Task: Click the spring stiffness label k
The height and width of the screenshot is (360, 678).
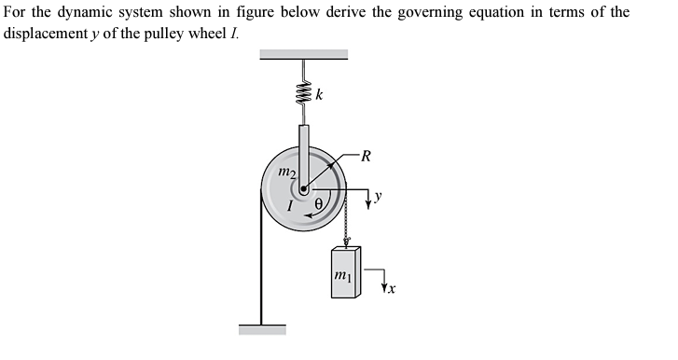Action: click(321, 94)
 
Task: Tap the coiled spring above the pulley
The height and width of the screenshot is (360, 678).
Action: click(303, 94)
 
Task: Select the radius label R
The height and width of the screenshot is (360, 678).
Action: click(366, 156)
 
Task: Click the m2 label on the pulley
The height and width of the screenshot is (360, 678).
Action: click(287, 173)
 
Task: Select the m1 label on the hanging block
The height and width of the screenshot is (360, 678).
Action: click(343, 276)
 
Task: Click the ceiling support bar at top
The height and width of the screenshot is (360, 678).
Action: click(304, 54)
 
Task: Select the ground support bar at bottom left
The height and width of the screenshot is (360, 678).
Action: click(262, 329)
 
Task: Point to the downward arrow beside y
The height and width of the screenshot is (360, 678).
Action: click(368, 199)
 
